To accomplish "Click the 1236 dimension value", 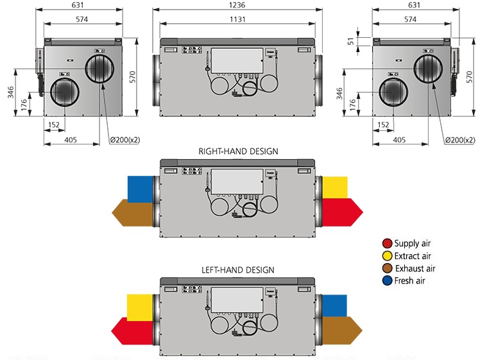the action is [x=237, y=5].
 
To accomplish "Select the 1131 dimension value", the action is [x=237, y=19].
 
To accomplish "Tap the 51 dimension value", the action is [x=351, y=41].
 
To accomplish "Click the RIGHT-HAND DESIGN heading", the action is [x=238, y=151].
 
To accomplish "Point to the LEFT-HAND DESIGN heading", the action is [x=238, y=270].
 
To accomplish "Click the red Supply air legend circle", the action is [x=388, y=243].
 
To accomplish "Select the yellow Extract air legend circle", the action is [x=388, y=256].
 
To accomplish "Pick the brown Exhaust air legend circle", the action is [x=388, y=268].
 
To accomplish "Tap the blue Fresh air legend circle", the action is [x=388, y=281].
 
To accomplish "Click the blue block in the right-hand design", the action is [x=140, y=189].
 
